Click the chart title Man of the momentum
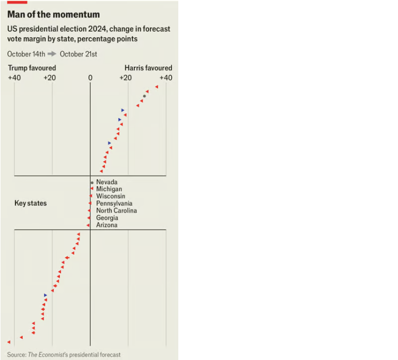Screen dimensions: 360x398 pos(54,14)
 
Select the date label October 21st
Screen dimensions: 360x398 pos(79,54)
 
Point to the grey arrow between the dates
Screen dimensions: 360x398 pos(52,54)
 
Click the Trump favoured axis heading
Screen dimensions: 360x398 pos(31,68)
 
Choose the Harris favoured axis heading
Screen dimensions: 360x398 pos(148,68)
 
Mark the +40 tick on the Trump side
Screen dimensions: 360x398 pos(14,78)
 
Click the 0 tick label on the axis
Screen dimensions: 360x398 pos(90,78)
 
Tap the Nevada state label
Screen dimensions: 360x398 pos(107,182)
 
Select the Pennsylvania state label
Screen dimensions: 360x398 pos(114,204)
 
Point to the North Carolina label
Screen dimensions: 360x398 pos(116,210)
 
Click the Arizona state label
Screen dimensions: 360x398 pos(107,225)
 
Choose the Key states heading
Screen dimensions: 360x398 pos(30,203)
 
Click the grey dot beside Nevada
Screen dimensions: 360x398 pos(91,182)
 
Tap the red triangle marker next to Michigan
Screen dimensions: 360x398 pos(92,189)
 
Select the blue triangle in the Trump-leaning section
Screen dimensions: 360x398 pos(46,295)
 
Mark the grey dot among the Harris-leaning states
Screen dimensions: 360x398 pos(144,96)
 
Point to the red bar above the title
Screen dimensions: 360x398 pos(17,2)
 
